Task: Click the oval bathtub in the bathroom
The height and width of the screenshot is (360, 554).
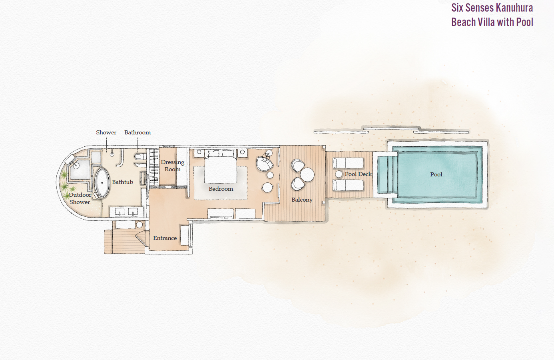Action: pos(102,183)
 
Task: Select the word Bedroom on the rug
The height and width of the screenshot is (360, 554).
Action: pos(221,189)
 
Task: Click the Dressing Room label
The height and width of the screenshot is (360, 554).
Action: pos(172,166)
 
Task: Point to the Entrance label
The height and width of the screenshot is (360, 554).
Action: pos(165,238)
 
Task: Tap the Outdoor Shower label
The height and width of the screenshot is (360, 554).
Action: pos(80,198)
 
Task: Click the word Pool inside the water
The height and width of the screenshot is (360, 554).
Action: pos(436,174)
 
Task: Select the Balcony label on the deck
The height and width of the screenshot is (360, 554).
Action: pos(302,200)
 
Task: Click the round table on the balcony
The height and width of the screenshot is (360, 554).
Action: pos(307,174)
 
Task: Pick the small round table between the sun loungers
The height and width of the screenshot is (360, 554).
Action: pos(339,174)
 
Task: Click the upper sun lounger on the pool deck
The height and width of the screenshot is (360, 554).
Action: pos(348,163)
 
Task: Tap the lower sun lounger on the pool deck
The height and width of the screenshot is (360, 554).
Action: pos(348,185)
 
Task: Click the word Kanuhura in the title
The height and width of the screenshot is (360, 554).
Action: pos(514,8)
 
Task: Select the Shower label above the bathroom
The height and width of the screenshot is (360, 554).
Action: pos(106,132)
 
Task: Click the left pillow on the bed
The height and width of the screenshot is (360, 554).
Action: pos(213,154)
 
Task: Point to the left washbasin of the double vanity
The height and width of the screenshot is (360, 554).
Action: pos(119,212)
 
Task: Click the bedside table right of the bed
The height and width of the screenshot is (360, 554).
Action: pos(242,152)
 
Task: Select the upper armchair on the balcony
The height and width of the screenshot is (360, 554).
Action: pos(297,165)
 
